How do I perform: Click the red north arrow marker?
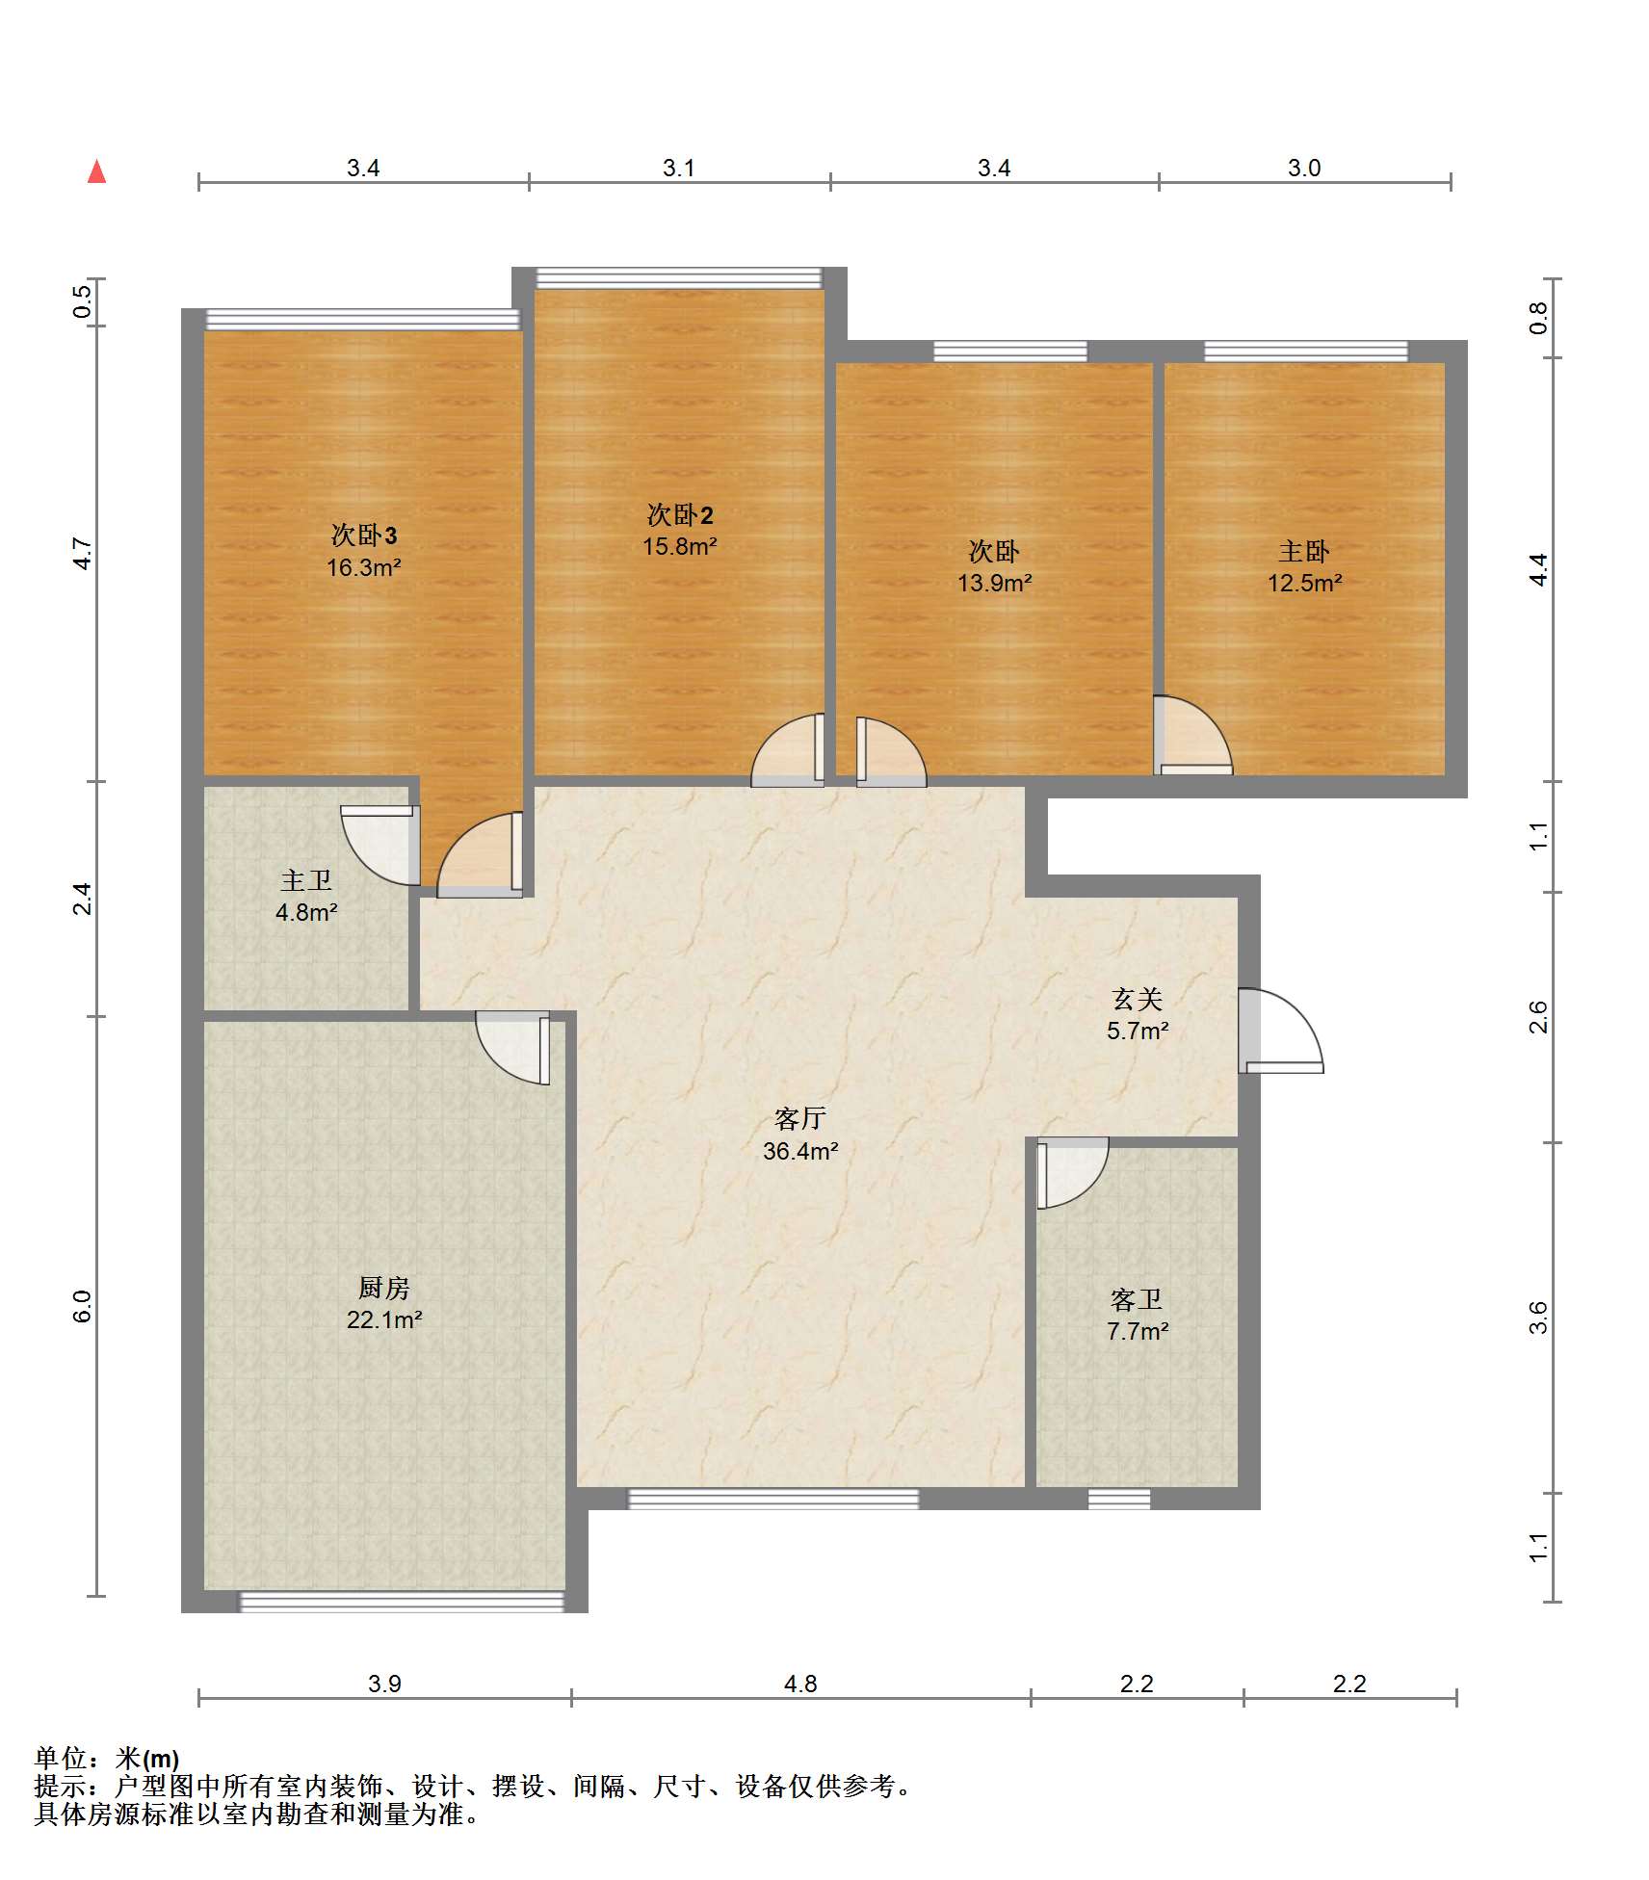click(x=96, y=171)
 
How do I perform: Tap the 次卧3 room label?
click(x=364, y=535)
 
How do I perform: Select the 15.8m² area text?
click(x=680, y=546)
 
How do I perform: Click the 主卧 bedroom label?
click(x=1304, y=551)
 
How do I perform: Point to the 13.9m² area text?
click(x=994, y=583)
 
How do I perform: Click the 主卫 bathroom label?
click(x=306, y=880)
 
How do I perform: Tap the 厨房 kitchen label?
click(x=384, y=1288)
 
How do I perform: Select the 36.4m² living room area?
click(x=800, y=1151)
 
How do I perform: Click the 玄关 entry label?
click(x=1138, y=999)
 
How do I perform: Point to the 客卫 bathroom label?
click(x=1138, y=1299)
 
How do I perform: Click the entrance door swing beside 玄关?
click(x=1281, y=1031)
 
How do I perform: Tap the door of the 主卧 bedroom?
click(x=1193, y=735)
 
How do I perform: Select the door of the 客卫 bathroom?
click(x=1072, y=1173)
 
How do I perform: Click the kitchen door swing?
click(x=513, y=1048)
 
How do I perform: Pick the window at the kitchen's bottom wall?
click(x=402, y=1601)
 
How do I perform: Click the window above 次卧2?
click(x=679, y=278)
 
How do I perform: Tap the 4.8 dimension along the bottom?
click(x=800, y=1684)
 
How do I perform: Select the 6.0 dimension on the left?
click(x=82, y=1306)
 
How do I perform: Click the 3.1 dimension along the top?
click(x=679, y=168)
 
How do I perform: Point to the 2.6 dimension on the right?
click(x=1538, y=1017)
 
